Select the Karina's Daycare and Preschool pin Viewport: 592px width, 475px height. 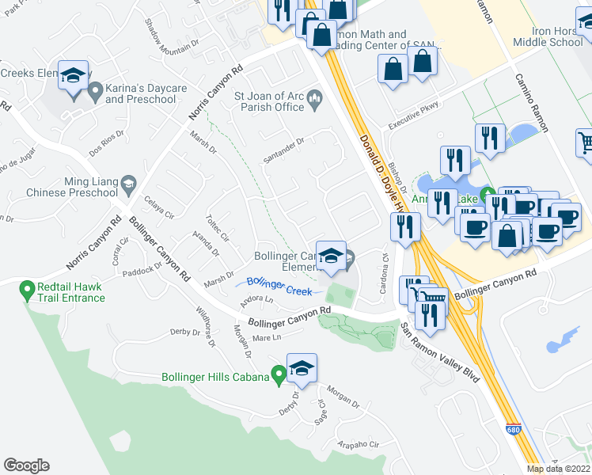coord(95,93)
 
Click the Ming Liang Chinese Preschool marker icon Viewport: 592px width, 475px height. coord(127,186)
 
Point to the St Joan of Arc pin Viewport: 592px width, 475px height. coord(315,100)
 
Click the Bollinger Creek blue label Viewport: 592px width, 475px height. coord(275,282)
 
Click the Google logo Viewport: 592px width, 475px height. coord(26,465)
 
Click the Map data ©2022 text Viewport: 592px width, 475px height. coord(559,469)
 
